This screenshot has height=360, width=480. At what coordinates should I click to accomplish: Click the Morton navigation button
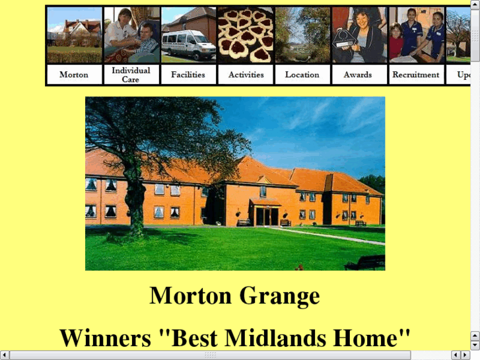point(74,75)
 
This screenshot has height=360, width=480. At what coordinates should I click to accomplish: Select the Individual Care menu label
point(131,75)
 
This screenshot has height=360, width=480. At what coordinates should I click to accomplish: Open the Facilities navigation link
point(188,75)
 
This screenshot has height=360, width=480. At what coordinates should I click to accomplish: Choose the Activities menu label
point(246,75)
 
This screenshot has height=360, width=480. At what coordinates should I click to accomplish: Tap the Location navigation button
point(302,75)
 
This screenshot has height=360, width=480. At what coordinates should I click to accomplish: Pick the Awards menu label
point(358,75)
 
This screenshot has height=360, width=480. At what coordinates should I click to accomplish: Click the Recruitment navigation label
point(416,75)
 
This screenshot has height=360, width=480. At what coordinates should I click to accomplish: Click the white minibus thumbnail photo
point(188,36)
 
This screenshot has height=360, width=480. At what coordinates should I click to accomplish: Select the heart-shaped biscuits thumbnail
point(246,36)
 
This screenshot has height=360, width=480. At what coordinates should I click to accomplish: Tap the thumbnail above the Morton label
point(75,36)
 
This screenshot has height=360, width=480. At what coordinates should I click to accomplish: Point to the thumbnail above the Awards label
point(359,36)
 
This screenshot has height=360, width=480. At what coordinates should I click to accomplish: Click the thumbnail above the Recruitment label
point(416,36)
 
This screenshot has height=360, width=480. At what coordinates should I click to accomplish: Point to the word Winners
point(106,338)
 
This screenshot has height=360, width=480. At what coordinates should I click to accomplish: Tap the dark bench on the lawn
point(365,262)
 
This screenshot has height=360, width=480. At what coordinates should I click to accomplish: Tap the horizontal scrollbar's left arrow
point(5,355)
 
